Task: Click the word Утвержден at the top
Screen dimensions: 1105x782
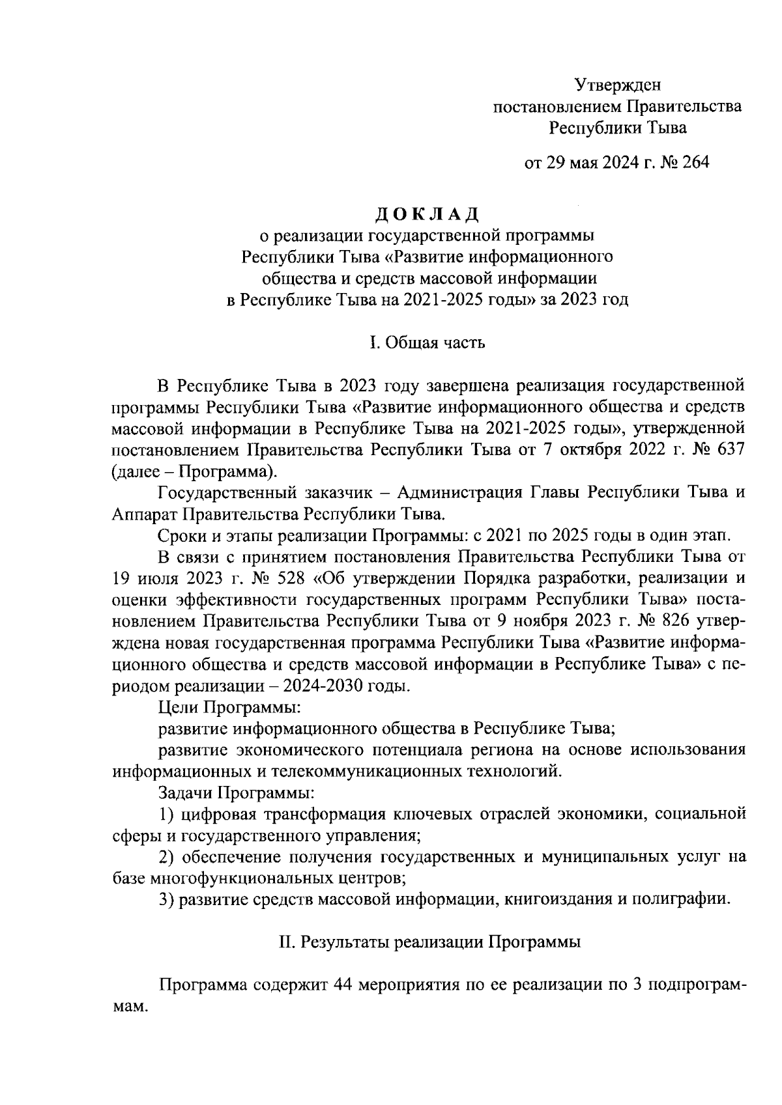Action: pyautogui.click(x=617, y=85)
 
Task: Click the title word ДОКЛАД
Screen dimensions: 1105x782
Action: pyautogui.click(x=427, y=213)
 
